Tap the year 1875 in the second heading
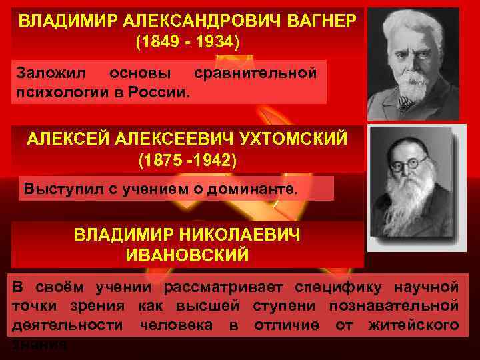[x=157, y=161]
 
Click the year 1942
[x=209, y=161]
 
